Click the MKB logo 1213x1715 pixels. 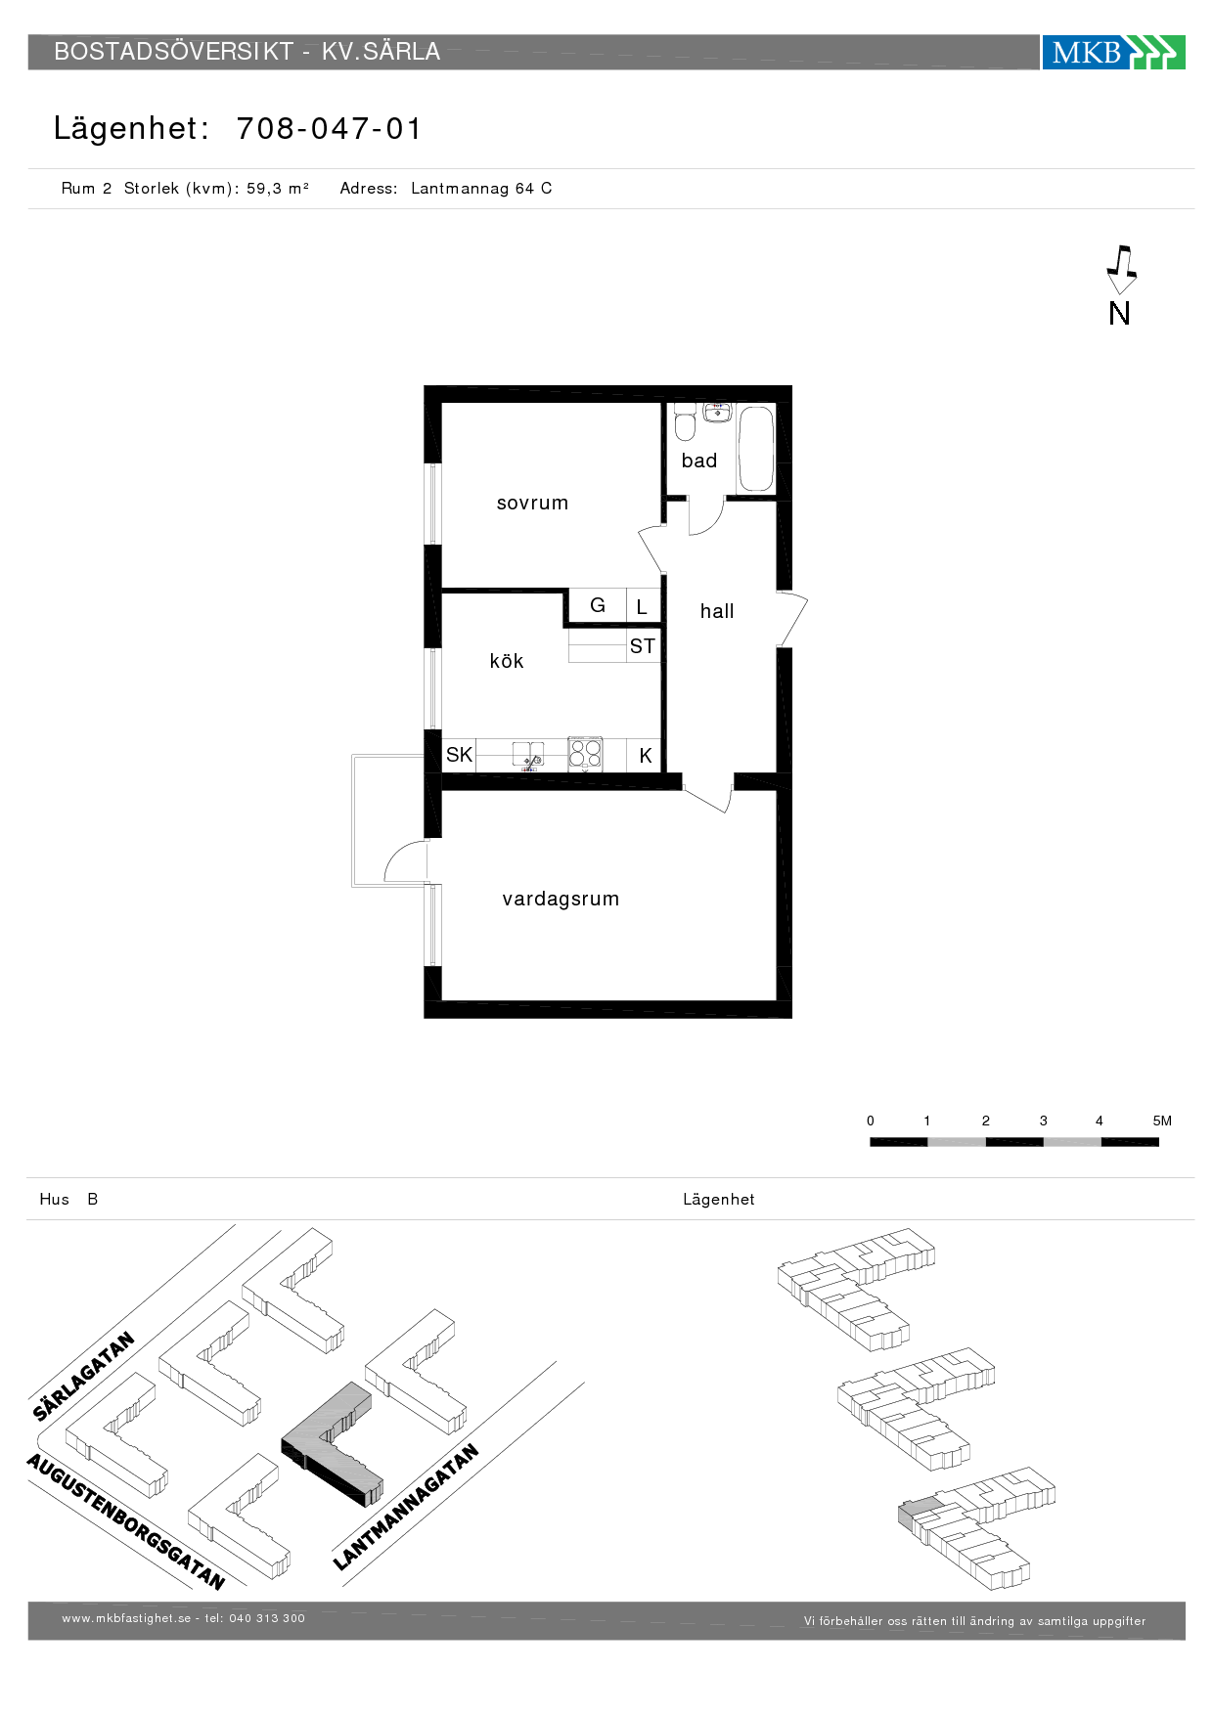point(1113,52)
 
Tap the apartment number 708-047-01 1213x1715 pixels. point(329,128)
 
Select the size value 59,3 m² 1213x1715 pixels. point(278,188)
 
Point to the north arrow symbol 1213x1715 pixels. point(1121,269)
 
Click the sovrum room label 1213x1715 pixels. point(532,503)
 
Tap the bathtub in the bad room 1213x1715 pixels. point(756,448)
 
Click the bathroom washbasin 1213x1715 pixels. point(717,412)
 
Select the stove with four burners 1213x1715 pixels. point(585,754)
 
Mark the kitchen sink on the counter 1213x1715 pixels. point(528,756)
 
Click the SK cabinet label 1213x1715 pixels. point(459,754)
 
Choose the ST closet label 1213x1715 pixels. point(643,646)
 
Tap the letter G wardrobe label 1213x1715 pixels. point(598,605)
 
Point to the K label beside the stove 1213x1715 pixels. point(646,756)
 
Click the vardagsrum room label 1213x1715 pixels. point(561,899)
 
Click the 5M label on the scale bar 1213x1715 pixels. point(1162,1121)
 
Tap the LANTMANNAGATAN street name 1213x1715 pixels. point(406,1507)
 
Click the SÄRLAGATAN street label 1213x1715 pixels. point(83,1376)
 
